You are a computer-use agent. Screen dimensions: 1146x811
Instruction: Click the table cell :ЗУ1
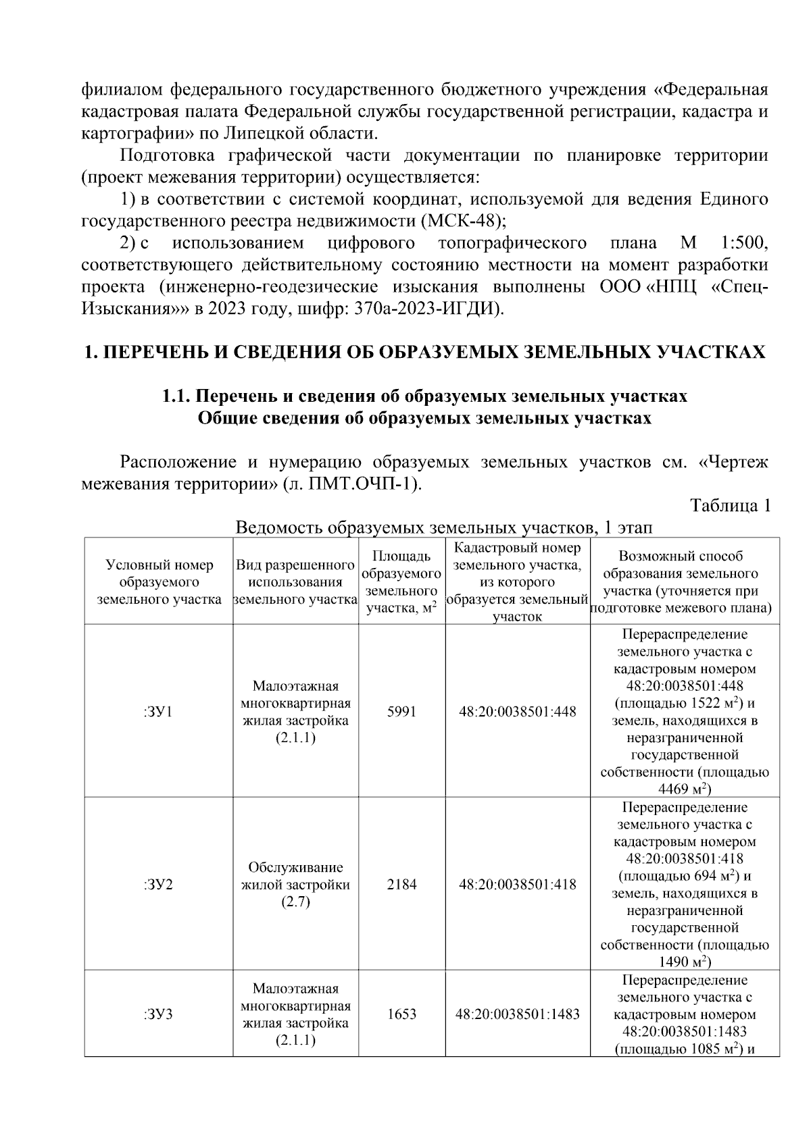point(158,712)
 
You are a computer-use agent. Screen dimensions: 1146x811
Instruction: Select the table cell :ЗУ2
point(158,884)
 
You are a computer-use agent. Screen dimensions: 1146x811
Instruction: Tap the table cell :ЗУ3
point(158,1014)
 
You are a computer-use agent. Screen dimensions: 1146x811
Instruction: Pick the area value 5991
point(401,712)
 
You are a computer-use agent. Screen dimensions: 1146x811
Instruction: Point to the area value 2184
point(401,884)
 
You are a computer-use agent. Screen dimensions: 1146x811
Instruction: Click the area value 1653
point(401,1014)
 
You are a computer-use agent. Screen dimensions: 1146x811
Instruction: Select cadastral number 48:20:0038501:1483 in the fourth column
point(518,1014)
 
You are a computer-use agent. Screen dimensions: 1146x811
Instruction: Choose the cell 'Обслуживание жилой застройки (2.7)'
point(295,884)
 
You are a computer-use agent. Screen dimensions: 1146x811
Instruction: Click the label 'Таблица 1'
point(730,506)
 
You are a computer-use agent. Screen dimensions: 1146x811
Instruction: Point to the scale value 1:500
point(743,242)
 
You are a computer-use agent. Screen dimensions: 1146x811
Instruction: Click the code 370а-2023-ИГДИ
point(426,309)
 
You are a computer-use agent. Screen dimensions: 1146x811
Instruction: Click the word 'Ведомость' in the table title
point(276,527)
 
